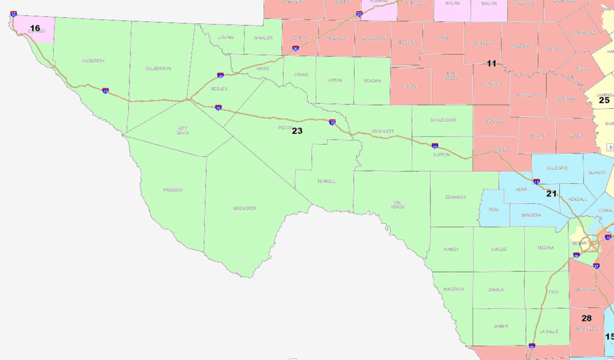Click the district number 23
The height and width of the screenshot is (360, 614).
[x=297, y=131]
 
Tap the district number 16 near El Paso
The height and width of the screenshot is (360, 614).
[x=35, y=28]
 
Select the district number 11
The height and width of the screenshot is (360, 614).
[x=492, y=63]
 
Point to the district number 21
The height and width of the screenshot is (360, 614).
[x=551, y=194]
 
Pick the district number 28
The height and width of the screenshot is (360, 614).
[x=586, y=318]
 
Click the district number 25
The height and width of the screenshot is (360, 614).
[x=604, y=100]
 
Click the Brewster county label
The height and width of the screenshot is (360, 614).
[x=245, y=208]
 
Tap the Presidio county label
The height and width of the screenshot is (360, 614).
[x=173, y=190]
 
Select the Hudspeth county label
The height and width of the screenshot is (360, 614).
[x=93, y=61]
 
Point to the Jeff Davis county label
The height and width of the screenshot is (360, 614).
[x=183, y=130]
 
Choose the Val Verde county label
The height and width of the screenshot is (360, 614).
[x=398, y=204]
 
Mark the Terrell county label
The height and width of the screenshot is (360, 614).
[x=327, y=181]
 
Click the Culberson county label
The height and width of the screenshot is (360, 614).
[x=158, y=68]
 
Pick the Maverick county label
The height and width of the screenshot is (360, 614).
[x=454, y=289]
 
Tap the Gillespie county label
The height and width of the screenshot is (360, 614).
[x=557, y=168]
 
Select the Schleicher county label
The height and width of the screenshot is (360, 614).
[x=443, y=120]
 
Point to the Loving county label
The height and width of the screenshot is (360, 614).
[x=226, y=37]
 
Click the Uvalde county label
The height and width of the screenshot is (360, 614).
[x=499, y=249]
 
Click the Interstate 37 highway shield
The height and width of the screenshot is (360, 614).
[x=597, y=266]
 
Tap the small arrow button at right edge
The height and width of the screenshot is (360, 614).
[x=610, y=147]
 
